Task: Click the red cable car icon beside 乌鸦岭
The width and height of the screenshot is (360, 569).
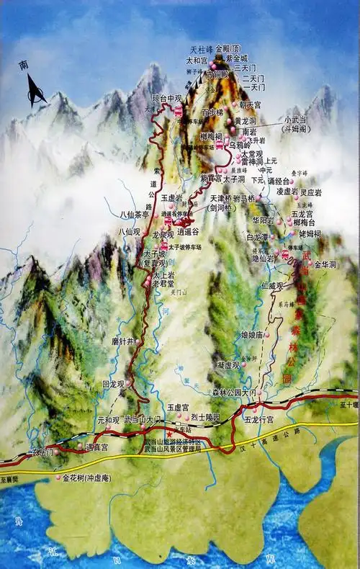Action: coord(219,145)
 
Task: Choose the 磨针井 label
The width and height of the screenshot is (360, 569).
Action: coord(122,341)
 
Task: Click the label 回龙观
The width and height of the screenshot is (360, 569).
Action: coord(115,385)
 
